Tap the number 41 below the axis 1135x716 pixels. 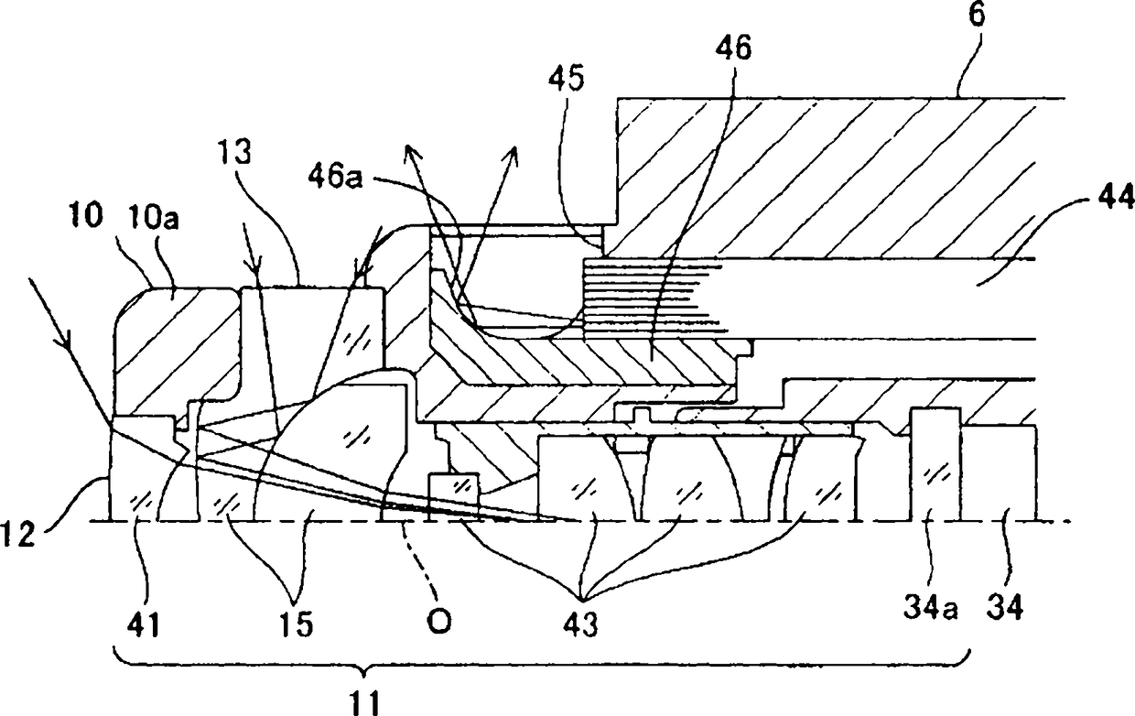click(140, 626)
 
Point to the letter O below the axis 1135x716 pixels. click(439, 623)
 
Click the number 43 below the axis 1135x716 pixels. click(578, 626)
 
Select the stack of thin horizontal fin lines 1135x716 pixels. click(650, 295)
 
